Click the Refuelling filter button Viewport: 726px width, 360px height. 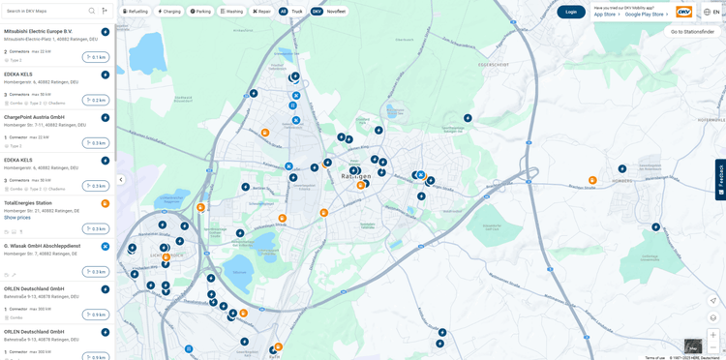coord(136,12)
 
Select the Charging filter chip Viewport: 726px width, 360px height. coord(169,12)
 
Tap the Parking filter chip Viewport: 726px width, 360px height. coord(200,12)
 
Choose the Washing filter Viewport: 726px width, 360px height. coord(231,12)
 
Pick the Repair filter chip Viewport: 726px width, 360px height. coord(262,12)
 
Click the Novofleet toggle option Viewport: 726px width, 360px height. coord(336,12)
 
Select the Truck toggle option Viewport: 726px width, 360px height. coord(297,12)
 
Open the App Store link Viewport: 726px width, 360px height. coord(606,15)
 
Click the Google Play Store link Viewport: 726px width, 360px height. coord(645,15)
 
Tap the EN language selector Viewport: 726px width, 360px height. coord(711,12)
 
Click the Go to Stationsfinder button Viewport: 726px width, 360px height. coord(692,32)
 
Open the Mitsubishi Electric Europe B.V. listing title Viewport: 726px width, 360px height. coord(38,31)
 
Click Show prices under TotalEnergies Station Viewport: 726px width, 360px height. coord(17,218)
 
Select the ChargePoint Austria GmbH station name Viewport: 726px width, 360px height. coord(34,117)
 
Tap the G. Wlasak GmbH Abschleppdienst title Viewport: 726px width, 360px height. coord(42,246)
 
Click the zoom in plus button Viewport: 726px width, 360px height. coord(713,335)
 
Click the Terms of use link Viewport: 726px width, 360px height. coord(655,357)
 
